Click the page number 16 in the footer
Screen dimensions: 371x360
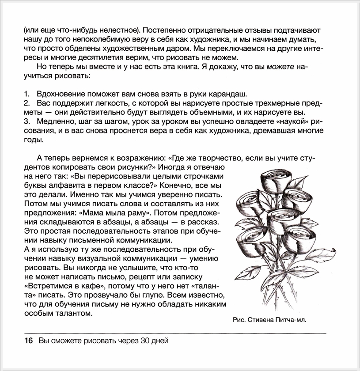click(x=28, y=341)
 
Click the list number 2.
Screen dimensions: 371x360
click(x=26, y=103)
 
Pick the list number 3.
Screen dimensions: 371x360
click(x=26, y=121)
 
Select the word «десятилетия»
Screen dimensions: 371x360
click(x=87, y=58)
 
